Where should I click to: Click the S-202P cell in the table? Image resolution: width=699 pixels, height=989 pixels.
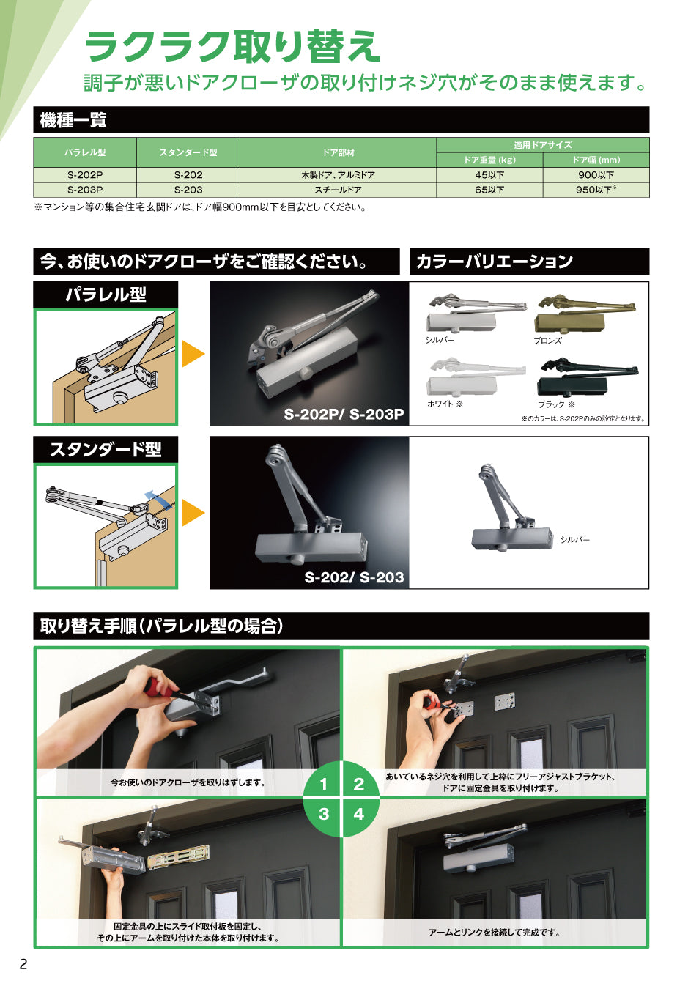(85, 175)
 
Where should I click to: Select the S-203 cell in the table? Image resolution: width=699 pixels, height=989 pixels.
(188, 190)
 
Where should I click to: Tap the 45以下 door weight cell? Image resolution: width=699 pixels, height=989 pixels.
(489, 175)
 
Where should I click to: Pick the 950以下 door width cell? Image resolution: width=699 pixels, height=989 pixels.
(596, 190)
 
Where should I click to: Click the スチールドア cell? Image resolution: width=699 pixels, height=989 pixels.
(338, 190)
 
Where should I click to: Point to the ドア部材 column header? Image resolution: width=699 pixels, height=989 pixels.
(338, 152)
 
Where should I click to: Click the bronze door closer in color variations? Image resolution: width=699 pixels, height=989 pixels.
(585, 314)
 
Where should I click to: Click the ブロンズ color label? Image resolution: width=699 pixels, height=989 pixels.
(547, 341)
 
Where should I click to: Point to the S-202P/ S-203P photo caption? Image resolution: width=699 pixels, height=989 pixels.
(344, 414)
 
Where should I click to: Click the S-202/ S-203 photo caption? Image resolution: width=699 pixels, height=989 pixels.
(354, 577)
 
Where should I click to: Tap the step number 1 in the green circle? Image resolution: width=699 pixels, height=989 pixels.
(324, 784)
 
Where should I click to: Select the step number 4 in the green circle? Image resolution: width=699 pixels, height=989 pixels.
(358, 813)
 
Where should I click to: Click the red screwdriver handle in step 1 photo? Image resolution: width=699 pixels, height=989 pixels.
(157, 686)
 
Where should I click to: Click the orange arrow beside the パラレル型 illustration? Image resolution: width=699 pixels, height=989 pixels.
(193, 354)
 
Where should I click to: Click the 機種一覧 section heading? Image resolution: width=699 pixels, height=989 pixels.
(73, 119)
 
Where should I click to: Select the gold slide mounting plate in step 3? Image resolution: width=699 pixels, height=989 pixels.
(178, 856)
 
